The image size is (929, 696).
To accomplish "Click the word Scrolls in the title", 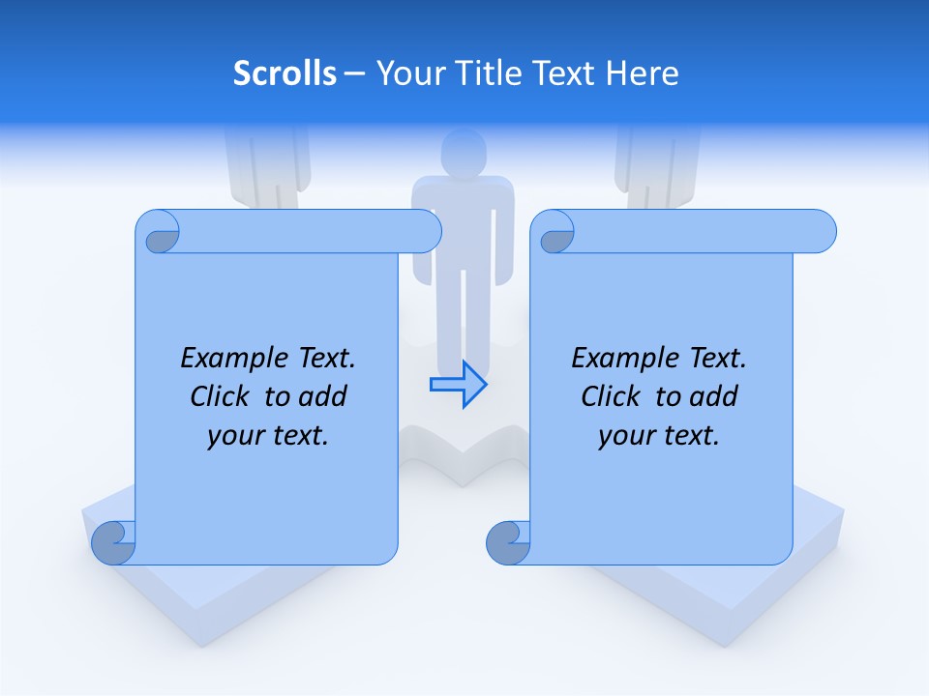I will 285,73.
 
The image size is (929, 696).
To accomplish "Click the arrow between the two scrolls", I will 458,385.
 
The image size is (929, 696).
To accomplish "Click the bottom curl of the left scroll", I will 114,542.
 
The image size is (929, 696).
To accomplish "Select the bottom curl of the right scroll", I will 508,542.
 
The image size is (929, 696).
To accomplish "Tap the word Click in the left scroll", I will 220,396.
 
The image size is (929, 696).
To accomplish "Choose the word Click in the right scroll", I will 611,396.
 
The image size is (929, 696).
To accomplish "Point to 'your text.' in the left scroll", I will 268,435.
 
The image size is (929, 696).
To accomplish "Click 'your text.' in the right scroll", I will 659,435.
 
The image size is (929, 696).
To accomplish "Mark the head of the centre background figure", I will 463,152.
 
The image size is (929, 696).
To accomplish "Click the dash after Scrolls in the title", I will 354,73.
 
